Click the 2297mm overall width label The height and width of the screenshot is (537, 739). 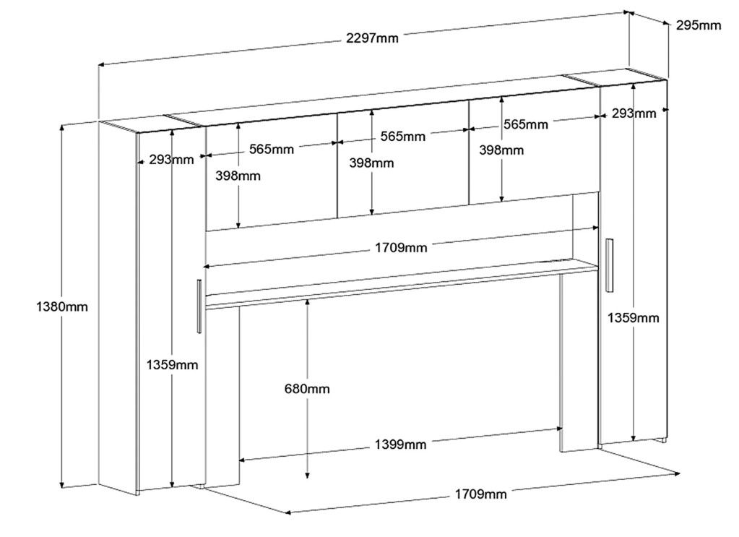(373, 38)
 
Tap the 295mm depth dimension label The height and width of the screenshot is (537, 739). (698, 25)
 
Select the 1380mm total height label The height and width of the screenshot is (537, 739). (62, 306)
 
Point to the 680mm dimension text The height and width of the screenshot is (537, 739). (307, 389)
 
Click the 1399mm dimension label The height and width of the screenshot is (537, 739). (399, 444)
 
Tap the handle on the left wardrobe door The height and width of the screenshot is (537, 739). (198, 306)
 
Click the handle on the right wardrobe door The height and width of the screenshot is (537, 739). (609, 265)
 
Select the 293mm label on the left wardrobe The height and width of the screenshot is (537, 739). (171, 160)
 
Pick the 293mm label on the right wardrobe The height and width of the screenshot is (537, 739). (634, 113)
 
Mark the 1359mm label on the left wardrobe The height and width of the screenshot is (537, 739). (171, 364)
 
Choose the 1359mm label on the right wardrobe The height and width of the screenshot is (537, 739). (633, 317)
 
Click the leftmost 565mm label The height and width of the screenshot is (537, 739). (271, 150)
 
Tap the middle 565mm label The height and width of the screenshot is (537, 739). (402, 136)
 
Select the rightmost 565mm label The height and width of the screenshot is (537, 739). (525, 124)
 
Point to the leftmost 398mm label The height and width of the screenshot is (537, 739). (238, 176)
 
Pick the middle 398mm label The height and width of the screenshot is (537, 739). (371, 163)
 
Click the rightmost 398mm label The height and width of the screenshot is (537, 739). (501, 150)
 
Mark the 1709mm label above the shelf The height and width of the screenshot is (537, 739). (400, 248)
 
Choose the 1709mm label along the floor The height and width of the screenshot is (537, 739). (480, 494)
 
